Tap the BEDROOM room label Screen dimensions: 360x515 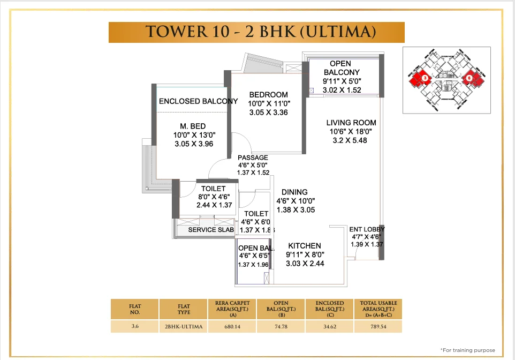point(268,95)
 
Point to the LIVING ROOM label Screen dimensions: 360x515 point(351,123)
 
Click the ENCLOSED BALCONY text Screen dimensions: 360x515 point(198,101)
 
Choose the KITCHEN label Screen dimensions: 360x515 point(305,245)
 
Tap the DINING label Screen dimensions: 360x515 point(294,192)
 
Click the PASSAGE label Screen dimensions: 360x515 point(253,157)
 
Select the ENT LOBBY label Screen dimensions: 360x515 point(367,229)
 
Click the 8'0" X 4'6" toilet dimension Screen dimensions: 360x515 point(213,197)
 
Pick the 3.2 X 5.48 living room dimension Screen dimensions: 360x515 point(351,140)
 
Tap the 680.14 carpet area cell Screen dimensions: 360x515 point(232,326)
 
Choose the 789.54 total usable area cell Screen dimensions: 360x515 point(378,326)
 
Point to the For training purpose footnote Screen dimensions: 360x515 point(467,350)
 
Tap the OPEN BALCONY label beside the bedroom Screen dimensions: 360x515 point(341,68)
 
